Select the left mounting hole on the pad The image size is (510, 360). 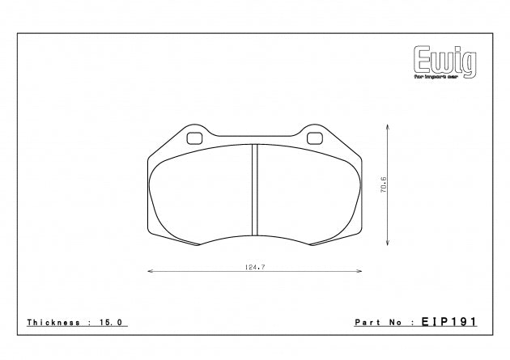coord(193,137)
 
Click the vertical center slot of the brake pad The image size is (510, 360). coord(254,190)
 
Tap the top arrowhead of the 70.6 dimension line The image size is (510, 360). coord(389,127)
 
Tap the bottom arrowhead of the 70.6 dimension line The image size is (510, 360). coord(389,244)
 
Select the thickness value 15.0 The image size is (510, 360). coord(110,322)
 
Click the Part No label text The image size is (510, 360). coord(384,322)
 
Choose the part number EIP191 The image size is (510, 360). coord(449,321)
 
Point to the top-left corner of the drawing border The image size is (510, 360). coord(16,34)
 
